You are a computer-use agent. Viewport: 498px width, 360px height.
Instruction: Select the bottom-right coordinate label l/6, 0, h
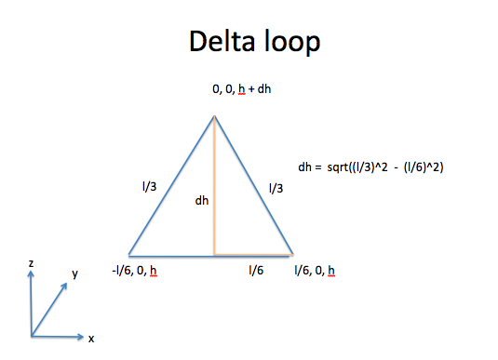[x=314, y=271]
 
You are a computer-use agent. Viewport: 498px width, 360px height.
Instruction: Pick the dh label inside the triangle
[x=201, y=200]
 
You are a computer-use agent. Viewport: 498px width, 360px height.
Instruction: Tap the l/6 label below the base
[x=254, y=271]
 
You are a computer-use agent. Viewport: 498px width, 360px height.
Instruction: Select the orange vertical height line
[x=215, y=186]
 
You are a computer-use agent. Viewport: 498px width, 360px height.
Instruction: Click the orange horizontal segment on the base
[x=253, y=253]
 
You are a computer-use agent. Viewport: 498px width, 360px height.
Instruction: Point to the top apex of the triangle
[x=215, y=116]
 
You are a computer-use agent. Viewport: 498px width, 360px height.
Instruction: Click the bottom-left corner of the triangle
[x=128, y=254]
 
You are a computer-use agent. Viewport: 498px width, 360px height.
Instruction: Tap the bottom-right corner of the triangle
[x=293, y=253]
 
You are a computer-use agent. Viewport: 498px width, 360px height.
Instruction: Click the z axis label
[x=31, y=264]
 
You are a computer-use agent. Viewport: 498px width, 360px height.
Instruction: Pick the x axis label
[x=91, y=339]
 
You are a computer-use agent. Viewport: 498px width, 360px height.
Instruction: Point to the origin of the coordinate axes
[x=31, y=336]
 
